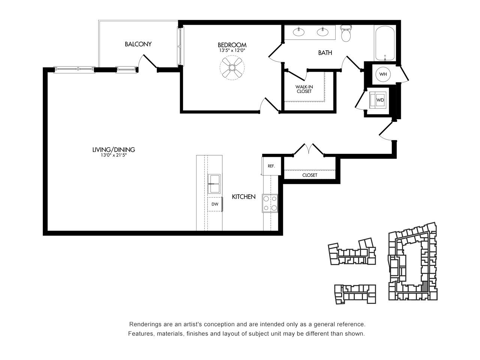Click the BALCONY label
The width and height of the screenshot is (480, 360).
pyautogui.click(x=138, y=44)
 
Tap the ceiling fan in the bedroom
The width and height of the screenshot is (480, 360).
pyautogui.click(x=232, y=67)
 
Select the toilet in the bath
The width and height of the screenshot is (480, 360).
pyautogui.click(x=346, y=33)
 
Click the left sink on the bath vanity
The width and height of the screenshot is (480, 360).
pyautogui.click(x=298, y=32)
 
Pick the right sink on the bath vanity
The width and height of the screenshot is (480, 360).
pyautogui.click(x=322, y=32)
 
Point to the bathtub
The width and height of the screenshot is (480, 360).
pyautogui.click(x=385, y=43)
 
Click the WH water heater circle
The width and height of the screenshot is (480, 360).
pyautogui.click(x=383, y=74)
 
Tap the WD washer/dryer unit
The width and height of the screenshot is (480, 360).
pyautogui.click(x=378, y=100)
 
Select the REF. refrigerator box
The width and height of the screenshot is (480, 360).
pyautogui.click(x=271, y=166)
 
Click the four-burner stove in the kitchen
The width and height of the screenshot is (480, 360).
pyautogui.click(x=270, y=203)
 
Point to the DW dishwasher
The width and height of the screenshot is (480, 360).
pyautogui.click(x=215, y=204)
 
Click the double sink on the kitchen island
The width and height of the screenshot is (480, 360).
pyautogui.click(x=214, y=184)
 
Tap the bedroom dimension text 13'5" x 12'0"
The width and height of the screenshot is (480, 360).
pyautogui.click(x=232, y=51)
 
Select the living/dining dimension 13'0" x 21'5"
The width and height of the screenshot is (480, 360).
pyautogui.click(x=114, y=155)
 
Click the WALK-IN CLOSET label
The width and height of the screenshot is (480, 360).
pyautogui.click(x=304, y=89)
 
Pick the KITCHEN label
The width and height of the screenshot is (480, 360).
pyautogui.click(x=244, y=197)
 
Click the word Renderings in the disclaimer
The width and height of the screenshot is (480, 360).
pyautogui.click(x=142, y=325)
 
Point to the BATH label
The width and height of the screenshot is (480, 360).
pyautogui.click(x=325, y=52)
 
